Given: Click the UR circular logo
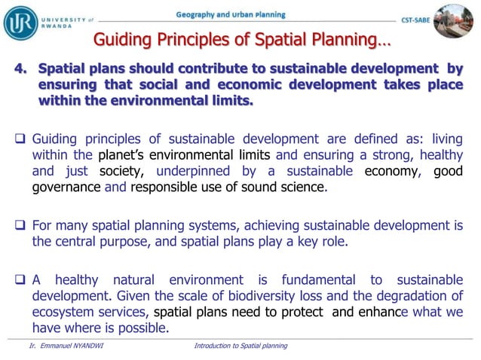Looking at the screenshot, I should pyautogui.click(x=20, y=20).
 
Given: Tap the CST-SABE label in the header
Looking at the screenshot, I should pyautogui.click(x=418, y=22).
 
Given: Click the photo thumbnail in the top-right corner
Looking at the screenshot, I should pyautogui.click(x=458, y=20).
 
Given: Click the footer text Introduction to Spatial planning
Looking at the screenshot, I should pyautogui.click(x=240, y=346).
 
